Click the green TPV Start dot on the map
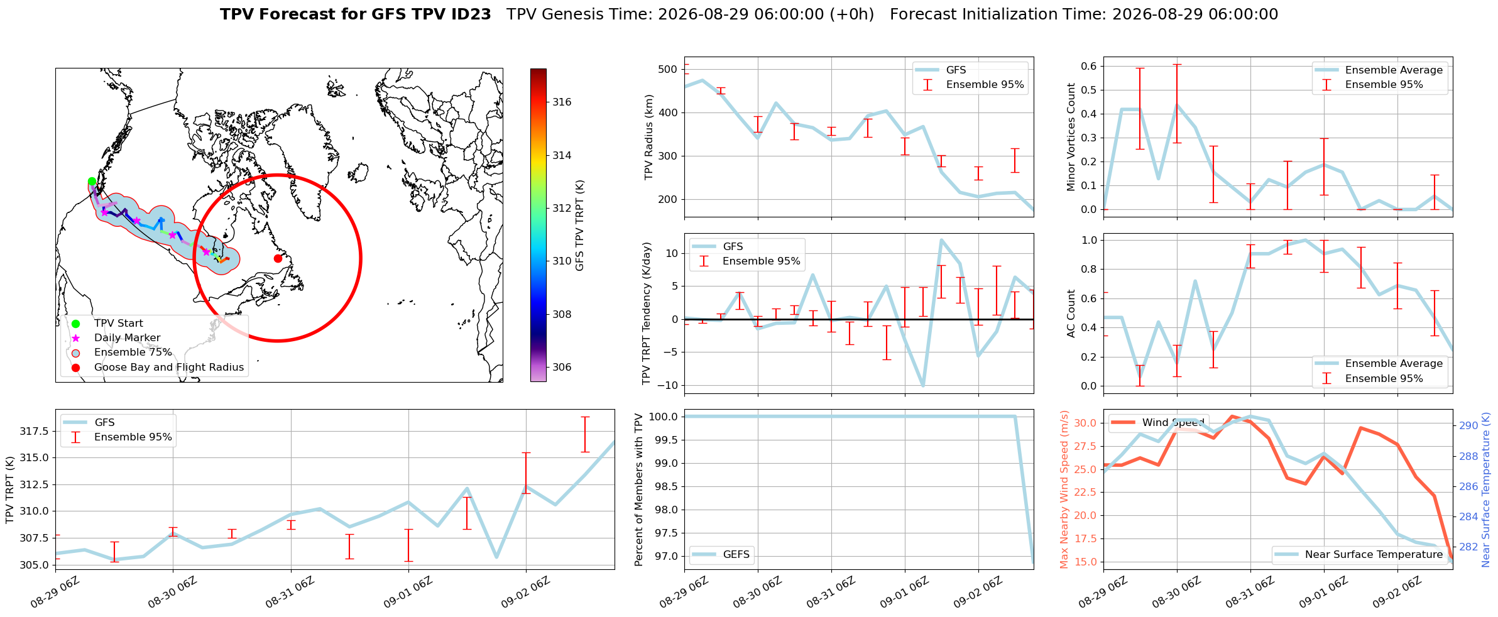[92, 182]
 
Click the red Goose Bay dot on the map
[278, 258]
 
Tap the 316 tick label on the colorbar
[562, 102]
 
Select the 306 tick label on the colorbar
[562, 368]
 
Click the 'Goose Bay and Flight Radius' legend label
[169, 368]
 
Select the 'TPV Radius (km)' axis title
[650, 137]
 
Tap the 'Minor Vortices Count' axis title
[1071, 137]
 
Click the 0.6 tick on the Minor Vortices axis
[1089, 66]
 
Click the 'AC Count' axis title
[1071, 314]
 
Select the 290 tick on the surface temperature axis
[1468, 426]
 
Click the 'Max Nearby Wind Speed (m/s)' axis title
[1064, 489]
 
